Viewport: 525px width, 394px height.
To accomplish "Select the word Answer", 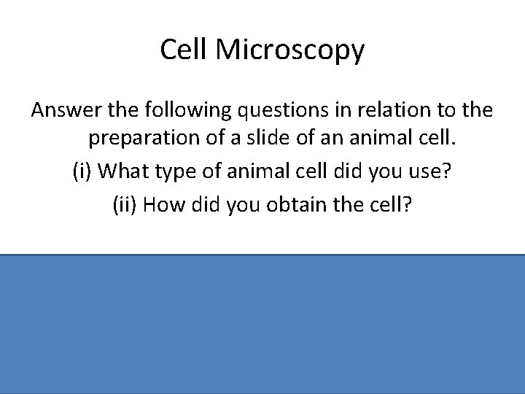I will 64,111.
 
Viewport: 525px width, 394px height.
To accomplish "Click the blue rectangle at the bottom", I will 262,324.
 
